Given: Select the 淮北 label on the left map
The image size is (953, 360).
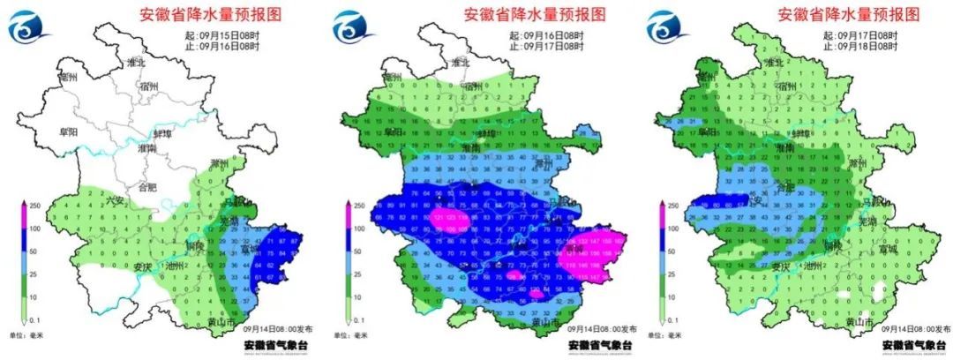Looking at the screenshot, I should [136, 63].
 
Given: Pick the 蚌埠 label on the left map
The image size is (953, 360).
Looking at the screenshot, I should [163, 132].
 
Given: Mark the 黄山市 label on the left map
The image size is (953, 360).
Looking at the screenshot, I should [246, 324].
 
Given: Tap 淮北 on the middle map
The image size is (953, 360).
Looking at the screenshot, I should [460, 63].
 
